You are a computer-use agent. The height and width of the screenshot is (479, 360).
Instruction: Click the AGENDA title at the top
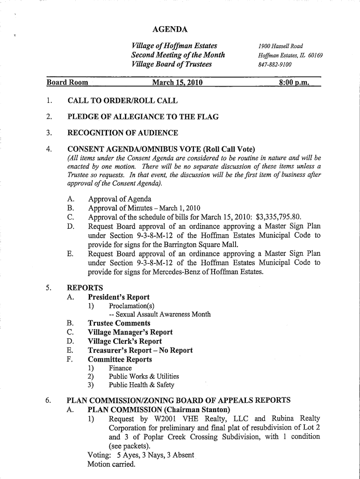[x=170, y=30]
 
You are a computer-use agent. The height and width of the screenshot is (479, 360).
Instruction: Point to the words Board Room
[x=67, y=83]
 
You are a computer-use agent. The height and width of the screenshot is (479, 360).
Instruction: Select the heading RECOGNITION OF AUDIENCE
[x=123, y=133]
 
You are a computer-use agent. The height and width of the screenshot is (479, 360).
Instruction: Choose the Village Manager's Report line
[x=130, y=332]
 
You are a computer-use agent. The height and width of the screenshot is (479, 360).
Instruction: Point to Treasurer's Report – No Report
[x=140, y=350]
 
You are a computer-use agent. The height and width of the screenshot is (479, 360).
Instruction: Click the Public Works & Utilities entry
[x=144, y=376]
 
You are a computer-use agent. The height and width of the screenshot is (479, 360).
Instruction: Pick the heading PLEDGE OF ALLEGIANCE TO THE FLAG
[x=143, y=116]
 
